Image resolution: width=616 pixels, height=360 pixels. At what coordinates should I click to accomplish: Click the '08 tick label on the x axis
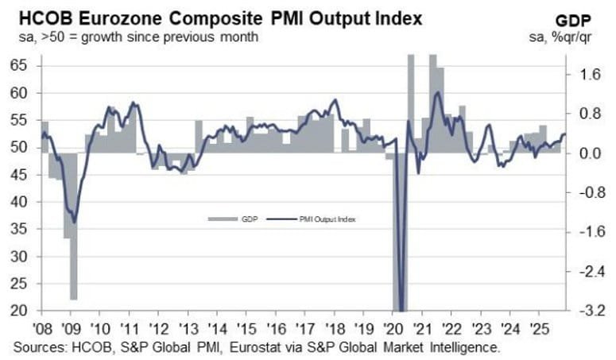(44, 327)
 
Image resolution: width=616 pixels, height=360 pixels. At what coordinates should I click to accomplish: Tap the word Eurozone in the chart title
(117, 17)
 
